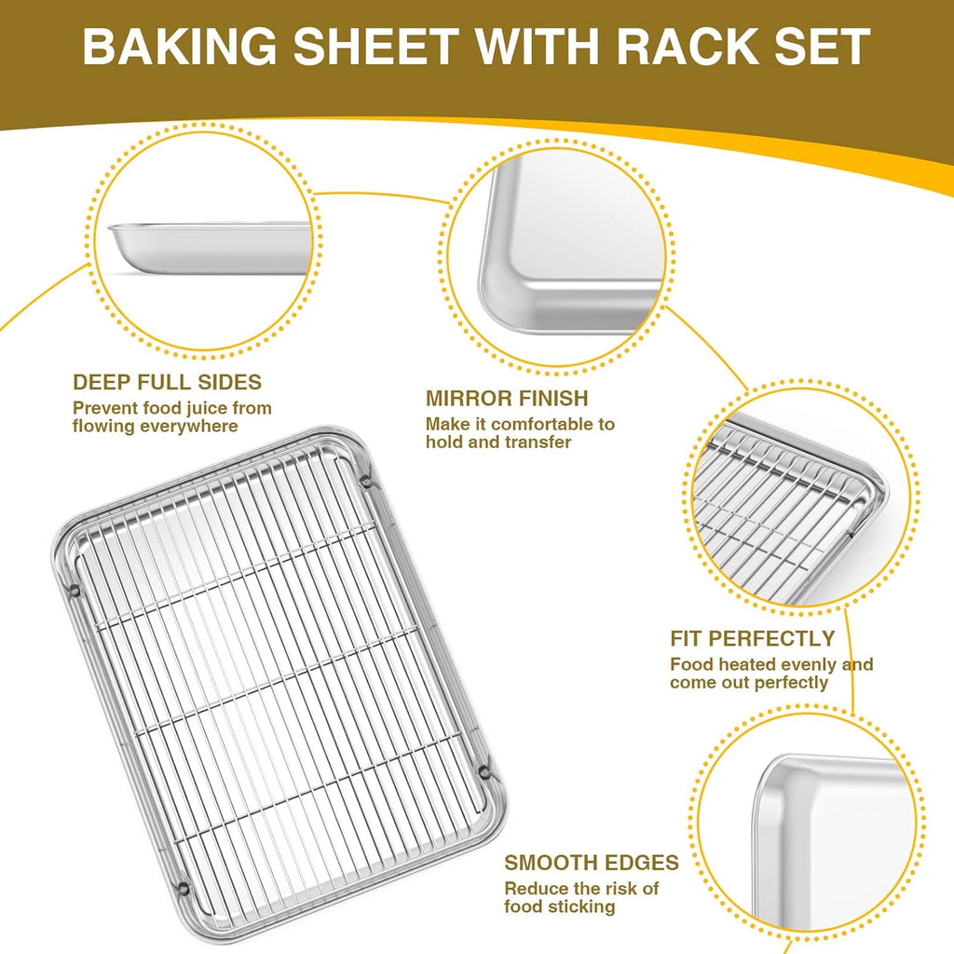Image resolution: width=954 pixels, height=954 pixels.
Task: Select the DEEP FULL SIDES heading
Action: pyautogui.click(x=167, y=382)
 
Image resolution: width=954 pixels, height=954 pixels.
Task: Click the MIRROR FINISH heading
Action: pyautogui.click(x=507, y=399)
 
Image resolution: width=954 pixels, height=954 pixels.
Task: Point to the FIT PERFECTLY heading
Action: pyautogui.click(x=752, y=639)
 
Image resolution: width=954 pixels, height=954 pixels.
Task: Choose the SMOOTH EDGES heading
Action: pyautogui.click(x=592, y=863)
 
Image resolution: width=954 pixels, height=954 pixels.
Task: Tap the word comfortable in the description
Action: pyautogui.click(x=537, y=424)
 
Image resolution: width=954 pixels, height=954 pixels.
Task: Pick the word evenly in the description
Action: pyautogui.click(x=814, y=664)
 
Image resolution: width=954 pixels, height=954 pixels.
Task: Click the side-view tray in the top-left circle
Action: pyautogui.click(x=211, y=247)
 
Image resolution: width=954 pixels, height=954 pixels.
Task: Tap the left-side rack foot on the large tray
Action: pyautogui.click(x=74, y=590)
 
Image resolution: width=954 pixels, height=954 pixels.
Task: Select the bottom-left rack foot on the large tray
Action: pyautogui.click(x=183, y=886)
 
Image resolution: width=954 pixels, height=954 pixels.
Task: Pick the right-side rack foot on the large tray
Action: pyautogui.click(x=484, y=771)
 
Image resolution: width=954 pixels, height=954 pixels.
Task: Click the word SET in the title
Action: pyautogui.click(x=819, y=48)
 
